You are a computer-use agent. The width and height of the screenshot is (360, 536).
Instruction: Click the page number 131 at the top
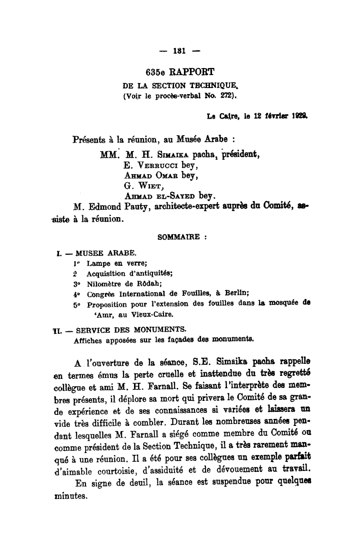click(179, 50)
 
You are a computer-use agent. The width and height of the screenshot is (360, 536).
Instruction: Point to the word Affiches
click(87, 338)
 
